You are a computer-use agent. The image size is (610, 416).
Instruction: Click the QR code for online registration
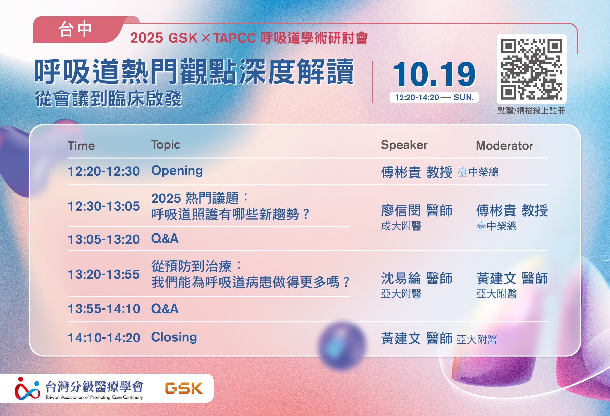coord(532,69)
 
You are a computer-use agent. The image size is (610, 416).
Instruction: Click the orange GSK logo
coord(184,388)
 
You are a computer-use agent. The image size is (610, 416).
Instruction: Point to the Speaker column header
coord(404,145)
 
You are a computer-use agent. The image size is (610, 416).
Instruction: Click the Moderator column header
coord(504,146)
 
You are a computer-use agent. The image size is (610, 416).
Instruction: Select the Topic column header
coord(166,145)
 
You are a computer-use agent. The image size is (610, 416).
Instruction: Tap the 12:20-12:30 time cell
coord(104,171)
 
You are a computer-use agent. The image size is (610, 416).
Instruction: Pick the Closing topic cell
coord(174,337)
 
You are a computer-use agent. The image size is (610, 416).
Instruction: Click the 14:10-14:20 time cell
coord(104,338)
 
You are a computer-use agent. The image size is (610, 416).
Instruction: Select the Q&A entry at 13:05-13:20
coord(165,239)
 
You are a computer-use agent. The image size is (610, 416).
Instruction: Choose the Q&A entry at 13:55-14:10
coord(165,309)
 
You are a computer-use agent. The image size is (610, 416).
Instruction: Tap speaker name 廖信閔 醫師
coord(417,211)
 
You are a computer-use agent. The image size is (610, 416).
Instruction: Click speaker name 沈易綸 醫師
coord(417,278)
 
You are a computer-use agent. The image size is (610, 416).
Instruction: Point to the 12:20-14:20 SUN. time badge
coord(434,97)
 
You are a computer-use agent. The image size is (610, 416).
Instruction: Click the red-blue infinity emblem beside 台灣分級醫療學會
coord(27,388)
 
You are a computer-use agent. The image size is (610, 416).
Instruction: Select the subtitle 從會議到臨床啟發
coord(108,99)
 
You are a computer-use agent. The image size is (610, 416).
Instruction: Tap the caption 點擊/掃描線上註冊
coord(532,111)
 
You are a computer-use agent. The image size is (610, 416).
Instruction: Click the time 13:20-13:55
coord(104,274)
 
